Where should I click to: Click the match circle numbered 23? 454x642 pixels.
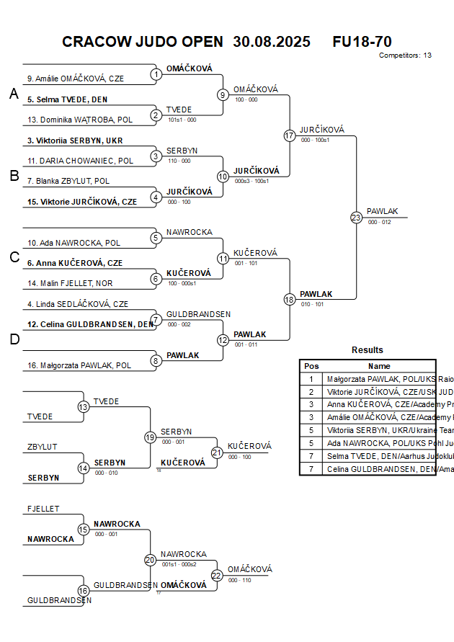(356, 217)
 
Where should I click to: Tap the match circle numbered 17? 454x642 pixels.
(290, 135)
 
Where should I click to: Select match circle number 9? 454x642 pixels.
(223, 94)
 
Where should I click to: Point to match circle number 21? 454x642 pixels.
(217, 452)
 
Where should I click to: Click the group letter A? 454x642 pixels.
(13, 94)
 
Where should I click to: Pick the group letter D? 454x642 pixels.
(14, 339)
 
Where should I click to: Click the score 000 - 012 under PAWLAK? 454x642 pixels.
(379, 222)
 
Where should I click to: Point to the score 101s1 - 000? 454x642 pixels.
(182, 120)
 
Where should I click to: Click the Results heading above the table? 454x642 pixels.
(368, 350)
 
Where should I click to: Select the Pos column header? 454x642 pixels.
(311, 366)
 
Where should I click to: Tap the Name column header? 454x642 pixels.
(379, 366)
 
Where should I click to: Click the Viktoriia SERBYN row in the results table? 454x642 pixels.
(379, 430)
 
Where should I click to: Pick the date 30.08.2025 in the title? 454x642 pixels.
(272, 42)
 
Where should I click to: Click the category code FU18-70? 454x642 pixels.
(362, 42)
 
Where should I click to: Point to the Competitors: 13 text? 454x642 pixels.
(405, 55)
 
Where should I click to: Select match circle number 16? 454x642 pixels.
(84, 590)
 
